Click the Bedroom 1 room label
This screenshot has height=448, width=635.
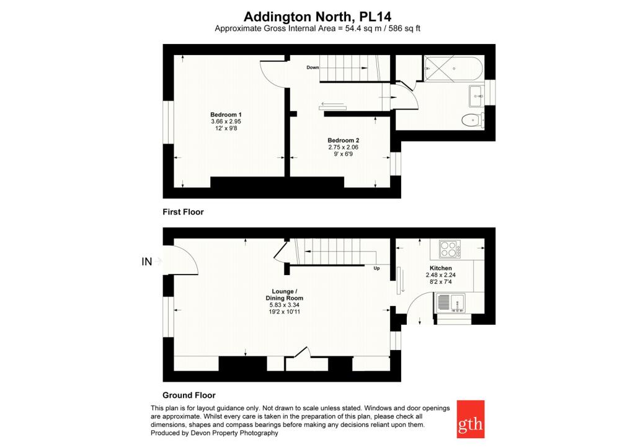[x=226, y=115]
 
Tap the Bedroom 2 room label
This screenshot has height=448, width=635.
[x=344, y=141]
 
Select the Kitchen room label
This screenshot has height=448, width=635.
[x=441, y=268]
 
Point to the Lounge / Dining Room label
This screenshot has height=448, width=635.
[x=284, y=294]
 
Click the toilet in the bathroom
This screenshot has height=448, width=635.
[x=472, y=120]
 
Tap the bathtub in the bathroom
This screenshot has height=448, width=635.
[x=453, y=69]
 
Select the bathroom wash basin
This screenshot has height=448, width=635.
[x=477, y=96]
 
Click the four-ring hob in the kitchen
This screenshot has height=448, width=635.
[x=450, y=249]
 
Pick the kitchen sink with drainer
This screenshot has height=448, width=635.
[x=450, y=303]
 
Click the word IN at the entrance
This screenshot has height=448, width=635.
[x=146, y=262]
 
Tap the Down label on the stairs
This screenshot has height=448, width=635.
[x=313, y=68]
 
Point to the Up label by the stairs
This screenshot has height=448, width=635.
[x=376, y=268]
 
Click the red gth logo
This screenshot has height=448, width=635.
[x=471, y=419]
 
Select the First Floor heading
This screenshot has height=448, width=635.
[x=183, y=212]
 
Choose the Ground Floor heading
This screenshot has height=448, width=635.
[x=189, y=395]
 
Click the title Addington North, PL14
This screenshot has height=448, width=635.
[x=317, y=17]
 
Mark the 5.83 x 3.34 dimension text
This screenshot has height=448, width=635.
[x=284, y=305]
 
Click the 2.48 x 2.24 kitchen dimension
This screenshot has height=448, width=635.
[x=441, y=275]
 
